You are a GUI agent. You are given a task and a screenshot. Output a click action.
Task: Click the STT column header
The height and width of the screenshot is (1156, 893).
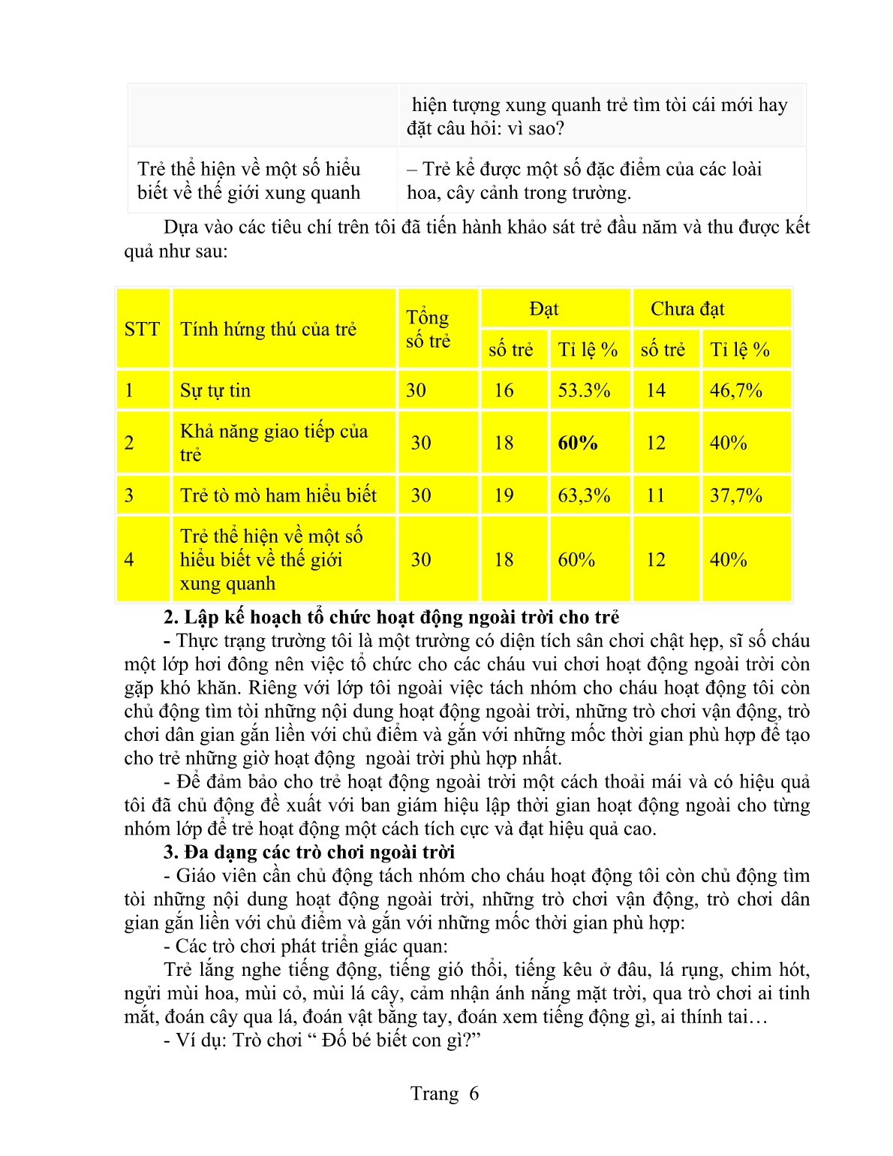pos(142,329)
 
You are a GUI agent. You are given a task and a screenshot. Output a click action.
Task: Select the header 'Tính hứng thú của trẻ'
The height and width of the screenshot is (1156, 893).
pos(268,329)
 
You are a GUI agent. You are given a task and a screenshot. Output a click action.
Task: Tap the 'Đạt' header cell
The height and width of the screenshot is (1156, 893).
pos(543,309)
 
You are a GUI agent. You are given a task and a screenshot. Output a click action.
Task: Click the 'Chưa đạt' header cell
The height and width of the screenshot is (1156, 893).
pos(687,309)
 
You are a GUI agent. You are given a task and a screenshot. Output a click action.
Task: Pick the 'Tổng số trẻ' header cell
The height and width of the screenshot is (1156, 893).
pos(428,329)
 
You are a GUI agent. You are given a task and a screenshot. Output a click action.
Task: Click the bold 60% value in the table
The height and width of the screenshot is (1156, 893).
pos(577,443)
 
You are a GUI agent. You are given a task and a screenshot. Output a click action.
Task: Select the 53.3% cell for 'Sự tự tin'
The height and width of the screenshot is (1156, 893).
pos(584,390)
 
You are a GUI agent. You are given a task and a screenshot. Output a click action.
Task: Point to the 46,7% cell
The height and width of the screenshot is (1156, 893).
pos(735,390)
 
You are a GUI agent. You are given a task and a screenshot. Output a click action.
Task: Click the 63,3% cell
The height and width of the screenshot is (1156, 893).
pos(584,495)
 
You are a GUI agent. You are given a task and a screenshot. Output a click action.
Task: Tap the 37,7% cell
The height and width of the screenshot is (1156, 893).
pos(735,495)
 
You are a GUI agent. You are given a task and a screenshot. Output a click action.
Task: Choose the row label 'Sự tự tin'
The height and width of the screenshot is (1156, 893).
pos(215,390)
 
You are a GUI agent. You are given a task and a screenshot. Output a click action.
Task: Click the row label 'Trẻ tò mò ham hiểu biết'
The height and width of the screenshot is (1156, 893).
pos(278,495)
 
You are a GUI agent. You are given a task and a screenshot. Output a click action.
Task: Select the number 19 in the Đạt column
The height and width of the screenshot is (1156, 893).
pos(504,495)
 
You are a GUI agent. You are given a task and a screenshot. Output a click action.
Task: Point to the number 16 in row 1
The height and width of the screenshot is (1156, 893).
pos(504,390)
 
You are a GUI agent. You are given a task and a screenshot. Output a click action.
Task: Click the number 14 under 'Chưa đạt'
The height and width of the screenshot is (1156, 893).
pos(656,390)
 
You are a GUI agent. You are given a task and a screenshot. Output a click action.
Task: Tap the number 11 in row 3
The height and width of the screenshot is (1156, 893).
pos(656,495)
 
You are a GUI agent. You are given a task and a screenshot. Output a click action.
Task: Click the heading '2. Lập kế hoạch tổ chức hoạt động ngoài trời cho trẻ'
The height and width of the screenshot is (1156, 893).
pos(392,617)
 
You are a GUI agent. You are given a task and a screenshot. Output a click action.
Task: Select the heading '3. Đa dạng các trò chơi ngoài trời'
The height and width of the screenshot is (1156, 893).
pos(309,852)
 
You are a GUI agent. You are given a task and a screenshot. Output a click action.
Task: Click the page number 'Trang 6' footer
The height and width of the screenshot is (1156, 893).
pos(444,1093)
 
